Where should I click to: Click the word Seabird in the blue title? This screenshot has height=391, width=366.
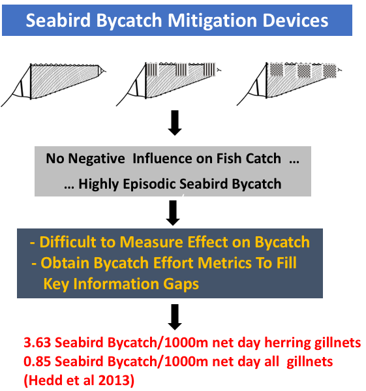pyautogui.click(x=58, y=20)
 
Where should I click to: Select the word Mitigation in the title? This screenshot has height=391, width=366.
pyautogui.click(x=212, y=21)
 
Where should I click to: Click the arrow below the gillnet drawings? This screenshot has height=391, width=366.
pyautogui.click(x=175, y=123)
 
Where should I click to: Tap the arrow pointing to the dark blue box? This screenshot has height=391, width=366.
pyautogui.click(x=173, y=213)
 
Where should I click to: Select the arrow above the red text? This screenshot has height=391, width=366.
pyautogui.click(x=175, y=317)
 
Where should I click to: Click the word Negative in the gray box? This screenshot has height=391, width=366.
pyautogui.click(x=97, y=159)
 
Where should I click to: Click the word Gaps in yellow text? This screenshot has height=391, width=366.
pyautogui.click(x=181, y=284)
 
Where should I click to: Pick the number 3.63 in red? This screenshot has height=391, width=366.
pyautogui.click(x=38, y=343)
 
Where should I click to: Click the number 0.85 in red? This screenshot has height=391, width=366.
pyautogui.click(x=38, y=362)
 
